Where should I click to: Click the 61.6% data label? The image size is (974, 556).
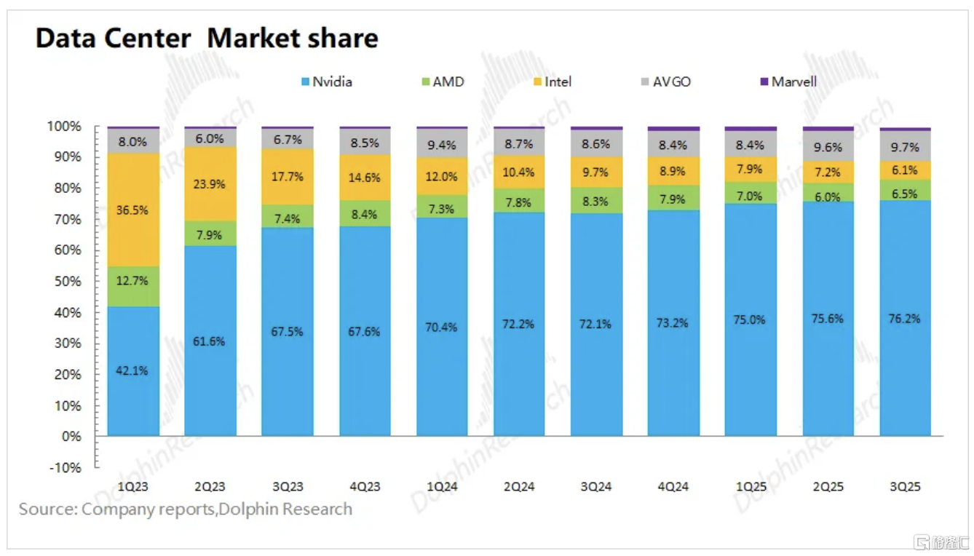210,341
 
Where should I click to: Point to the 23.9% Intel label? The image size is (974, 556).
210,184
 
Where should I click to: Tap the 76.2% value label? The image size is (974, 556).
905,318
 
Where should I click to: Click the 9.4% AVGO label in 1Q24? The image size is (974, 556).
442,146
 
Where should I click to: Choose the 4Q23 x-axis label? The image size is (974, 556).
364,487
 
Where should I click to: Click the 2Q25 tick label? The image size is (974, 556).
828,487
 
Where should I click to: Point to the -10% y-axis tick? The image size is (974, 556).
66,467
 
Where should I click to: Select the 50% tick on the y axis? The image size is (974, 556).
68,281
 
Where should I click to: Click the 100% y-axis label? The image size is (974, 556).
66,127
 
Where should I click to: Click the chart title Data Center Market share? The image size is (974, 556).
207,38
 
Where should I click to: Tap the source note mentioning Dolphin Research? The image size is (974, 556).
186,509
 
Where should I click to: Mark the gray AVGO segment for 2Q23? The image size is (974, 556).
210,138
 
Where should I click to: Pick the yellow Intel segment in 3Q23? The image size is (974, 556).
287,177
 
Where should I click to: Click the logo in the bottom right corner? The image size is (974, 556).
943,542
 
